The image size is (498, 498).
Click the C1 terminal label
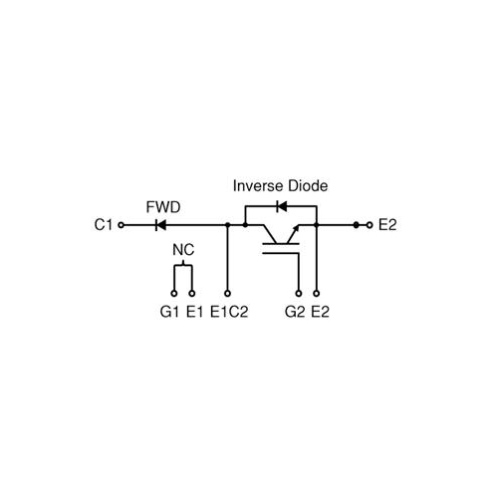104,225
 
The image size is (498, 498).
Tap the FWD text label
163,207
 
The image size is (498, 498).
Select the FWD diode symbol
160,225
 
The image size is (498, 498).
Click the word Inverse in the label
259,185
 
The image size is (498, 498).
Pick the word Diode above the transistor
308,185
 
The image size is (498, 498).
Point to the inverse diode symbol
282,206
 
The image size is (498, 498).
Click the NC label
183,250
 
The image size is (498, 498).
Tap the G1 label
169,312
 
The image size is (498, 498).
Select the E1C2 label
229,312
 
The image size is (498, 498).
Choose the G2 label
295,312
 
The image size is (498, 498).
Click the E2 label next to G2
320,312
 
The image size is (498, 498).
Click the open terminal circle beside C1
122,225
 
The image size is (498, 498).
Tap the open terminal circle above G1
174,294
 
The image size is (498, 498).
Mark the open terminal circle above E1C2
227,294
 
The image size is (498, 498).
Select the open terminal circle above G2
299,294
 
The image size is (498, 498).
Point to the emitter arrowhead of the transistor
296,228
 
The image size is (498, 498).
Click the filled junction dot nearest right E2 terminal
357,225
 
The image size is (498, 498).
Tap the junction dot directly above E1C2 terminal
227,225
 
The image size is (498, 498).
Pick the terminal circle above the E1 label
192,294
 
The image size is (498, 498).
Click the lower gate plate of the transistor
281,253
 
